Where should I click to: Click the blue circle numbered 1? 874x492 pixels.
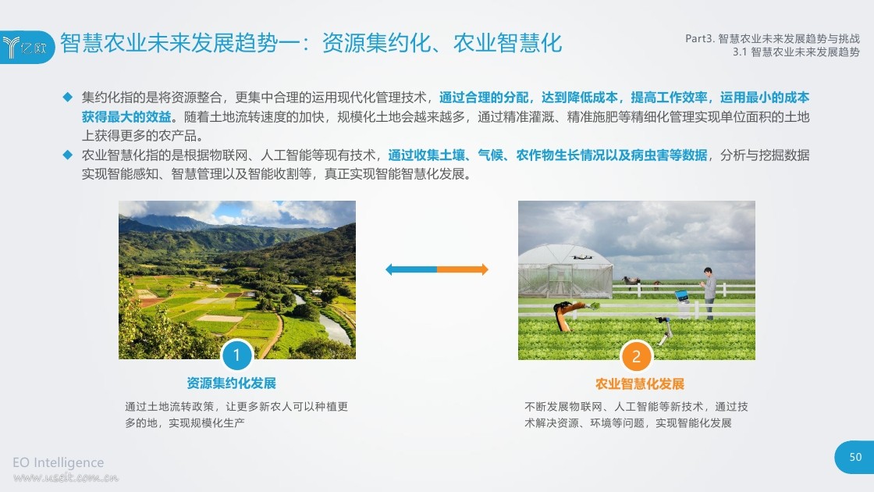(x=236, y=355)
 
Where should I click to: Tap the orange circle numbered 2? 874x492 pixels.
(x=636, y=356)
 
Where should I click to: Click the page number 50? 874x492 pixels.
(x=855, y=457)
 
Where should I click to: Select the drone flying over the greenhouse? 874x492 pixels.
(x=582, y=257)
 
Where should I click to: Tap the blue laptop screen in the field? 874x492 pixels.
(x=682, y=295)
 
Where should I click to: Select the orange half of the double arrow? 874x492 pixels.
(x=463, y=269)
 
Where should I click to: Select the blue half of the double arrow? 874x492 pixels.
(x=410, y=269)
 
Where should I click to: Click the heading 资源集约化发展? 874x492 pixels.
(x=231, y=383)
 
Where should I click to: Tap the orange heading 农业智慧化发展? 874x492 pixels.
(x=640, y=383)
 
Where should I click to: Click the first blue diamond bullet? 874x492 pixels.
(x=67, y=97)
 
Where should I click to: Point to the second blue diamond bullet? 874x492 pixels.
(x=67, y=155)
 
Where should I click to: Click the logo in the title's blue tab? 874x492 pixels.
(x=24, y=48)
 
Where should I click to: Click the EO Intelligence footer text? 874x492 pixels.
(x=58, y=462)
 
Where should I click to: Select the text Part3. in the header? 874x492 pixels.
(x=699, y=38)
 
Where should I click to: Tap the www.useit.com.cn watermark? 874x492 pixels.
(x=66, y=477)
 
